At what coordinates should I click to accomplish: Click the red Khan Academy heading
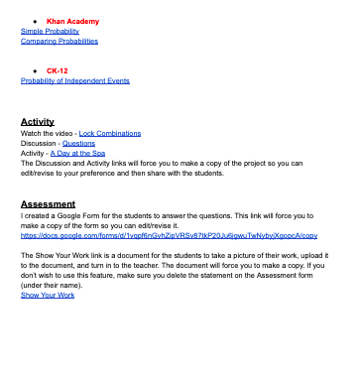pyautogui.click(x=72, y=21)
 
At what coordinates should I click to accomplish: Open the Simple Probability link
pyautogui.click(x=50, y=31)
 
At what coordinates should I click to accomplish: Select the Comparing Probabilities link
pyautogui.click(x=60, y=41)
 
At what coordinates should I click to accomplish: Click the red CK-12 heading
pyautogui.click(x=57, y=70)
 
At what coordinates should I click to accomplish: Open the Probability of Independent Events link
pyautogui.click(x=75, y=80)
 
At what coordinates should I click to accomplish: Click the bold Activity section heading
pyautogui.click(x=38, y=121)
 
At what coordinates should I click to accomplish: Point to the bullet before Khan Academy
pyautogui.click(x=36, y=21)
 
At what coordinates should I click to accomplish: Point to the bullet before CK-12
pyautogui.click(x=36, y=70)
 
